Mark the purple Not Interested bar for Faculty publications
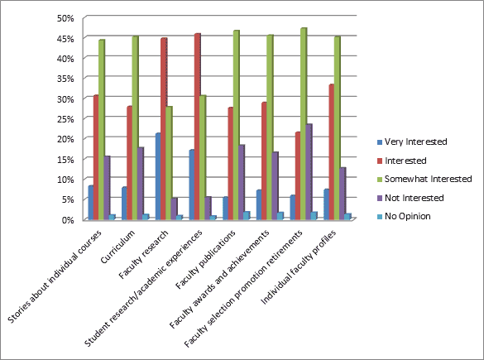241,181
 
